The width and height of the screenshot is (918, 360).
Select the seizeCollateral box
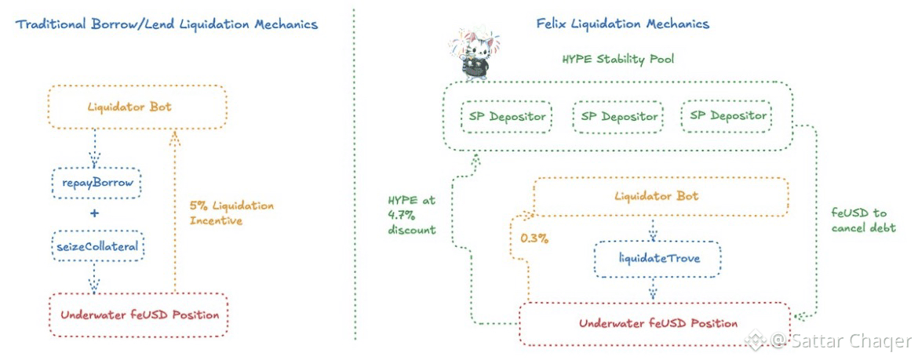click(95, 245)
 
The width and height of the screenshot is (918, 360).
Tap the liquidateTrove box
click(658, 258)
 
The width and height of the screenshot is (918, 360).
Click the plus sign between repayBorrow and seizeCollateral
click(95, 214)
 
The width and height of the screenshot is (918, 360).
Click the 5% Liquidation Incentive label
click(231, 213)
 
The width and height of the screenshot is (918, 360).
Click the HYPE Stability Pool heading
click(617, 59)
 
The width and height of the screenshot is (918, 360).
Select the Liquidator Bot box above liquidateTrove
click(659, 195)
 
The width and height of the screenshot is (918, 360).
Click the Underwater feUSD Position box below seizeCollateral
click(140, 315)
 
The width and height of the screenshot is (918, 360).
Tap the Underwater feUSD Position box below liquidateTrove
click(658, 323)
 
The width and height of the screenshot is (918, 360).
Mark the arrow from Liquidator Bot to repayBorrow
click(95, 149)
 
